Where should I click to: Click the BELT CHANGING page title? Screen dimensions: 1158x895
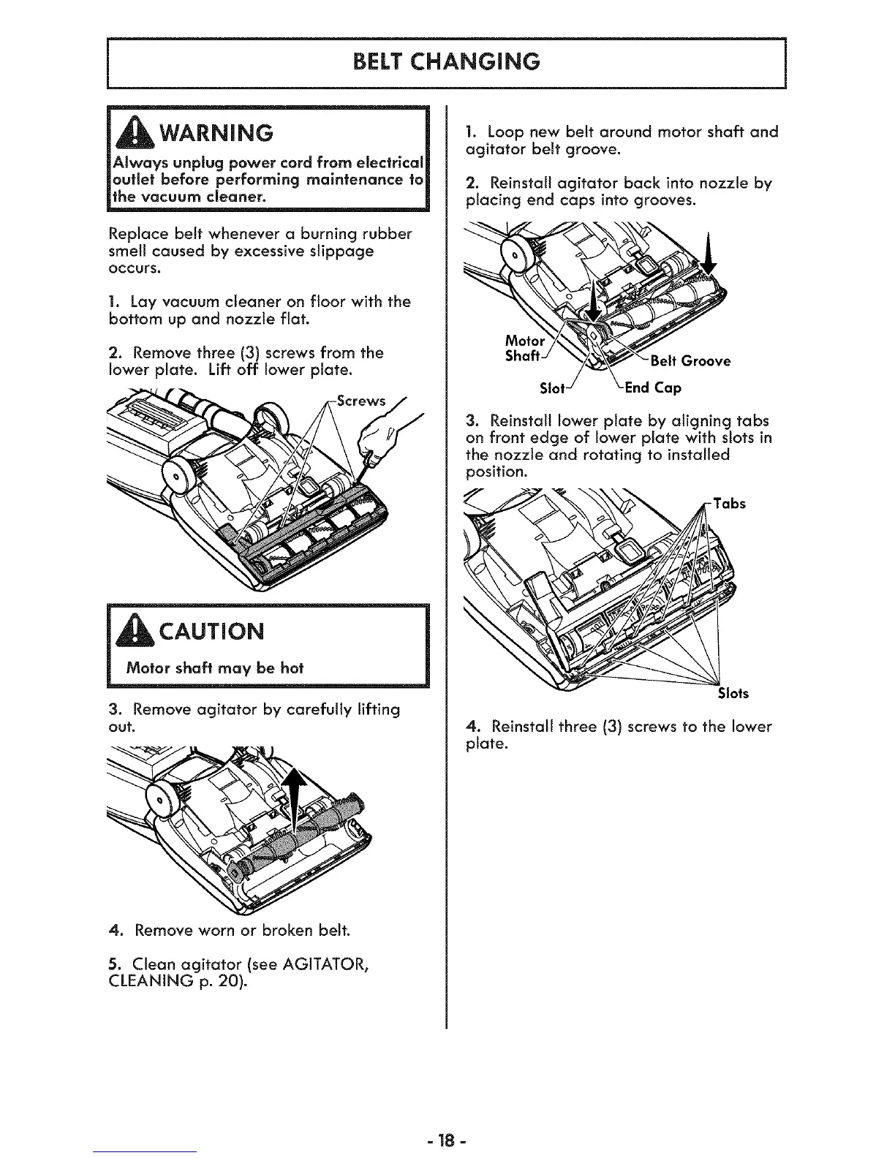[x=447, y=61]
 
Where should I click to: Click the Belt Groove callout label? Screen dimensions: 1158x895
[x=686, y=361]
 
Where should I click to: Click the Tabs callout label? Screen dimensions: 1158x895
[x=729, y=504]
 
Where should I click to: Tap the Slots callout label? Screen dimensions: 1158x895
[x=733, y=693]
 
